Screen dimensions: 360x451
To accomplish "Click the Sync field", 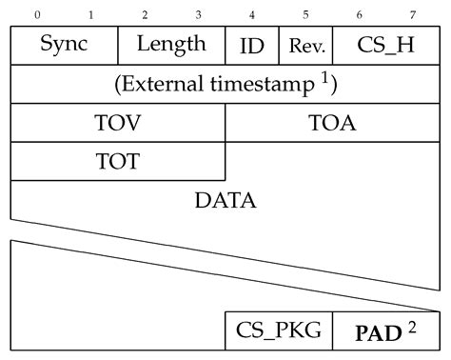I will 64,45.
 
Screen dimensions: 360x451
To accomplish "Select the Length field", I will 171,44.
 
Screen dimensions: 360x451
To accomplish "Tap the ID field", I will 252,45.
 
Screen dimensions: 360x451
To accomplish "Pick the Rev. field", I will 305,45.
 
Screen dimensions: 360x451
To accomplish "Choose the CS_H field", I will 386,45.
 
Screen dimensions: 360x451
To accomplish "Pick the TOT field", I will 118,160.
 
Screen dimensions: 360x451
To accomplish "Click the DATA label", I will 225,201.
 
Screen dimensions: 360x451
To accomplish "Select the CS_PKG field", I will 279,331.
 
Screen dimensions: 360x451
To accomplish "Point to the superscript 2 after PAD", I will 412,328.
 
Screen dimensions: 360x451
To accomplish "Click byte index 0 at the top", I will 37,15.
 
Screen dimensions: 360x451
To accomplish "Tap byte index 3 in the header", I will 199,15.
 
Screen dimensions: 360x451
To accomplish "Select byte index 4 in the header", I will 252,15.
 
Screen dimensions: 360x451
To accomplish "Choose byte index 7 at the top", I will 413,15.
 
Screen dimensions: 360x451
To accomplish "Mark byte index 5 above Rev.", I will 306,15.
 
